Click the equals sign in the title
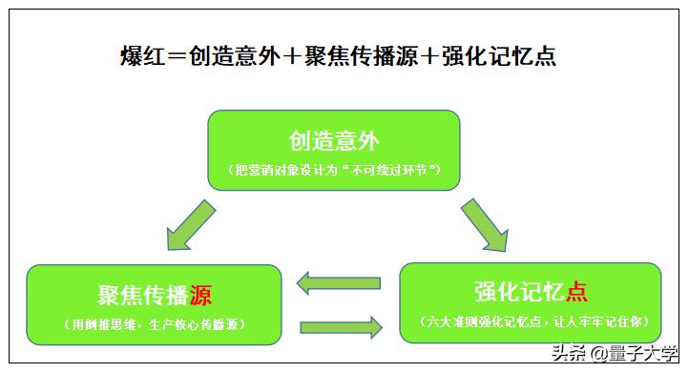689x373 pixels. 177,56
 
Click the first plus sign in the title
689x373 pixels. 291,56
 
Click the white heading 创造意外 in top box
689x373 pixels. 334,141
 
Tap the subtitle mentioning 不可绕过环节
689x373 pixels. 334,170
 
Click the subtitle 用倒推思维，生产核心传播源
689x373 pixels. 155,324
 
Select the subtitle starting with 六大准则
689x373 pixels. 531,321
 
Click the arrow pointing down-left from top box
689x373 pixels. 194,228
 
